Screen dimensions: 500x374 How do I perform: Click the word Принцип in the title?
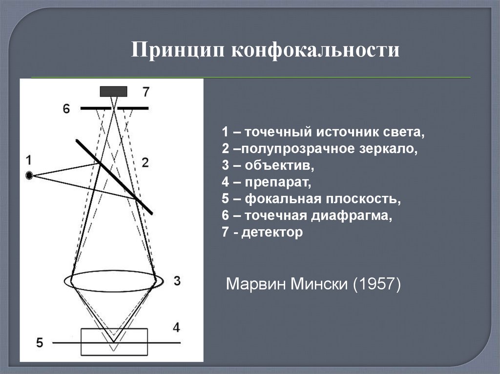pyautogui.click(x=178, y=50)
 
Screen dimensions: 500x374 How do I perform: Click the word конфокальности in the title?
pyautogui.click(x=315, y=50)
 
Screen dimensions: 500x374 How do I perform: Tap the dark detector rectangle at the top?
pyautogui.click(x=113, y=92)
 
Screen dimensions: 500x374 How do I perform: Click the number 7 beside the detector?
pyautogui.click(x=146, y=92)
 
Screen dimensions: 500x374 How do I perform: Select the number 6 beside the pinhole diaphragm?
pyautogui.click(x=66, y=109)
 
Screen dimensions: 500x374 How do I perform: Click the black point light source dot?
pyautogui.click(x=29, y=175)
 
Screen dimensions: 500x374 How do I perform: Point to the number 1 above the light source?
pyautogui.click(x=29, y=160)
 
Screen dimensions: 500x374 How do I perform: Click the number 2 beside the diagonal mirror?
pyautogui.click(x=145, y=162)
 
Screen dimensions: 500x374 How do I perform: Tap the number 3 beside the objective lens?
pyautogui.click(x=177, y=281)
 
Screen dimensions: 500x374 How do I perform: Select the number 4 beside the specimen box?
pyautogui.click(x=176, y=328)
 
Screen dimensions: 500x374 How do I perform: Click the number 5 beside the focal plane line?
pyautogui.click(x=40, y=343)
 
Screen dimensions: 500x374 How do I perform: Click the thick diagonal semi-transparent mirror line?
pyautogui.click(x=114, y=177)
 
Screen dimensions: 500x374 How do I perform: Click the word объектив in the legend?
pyautogui.click(x=279, y=165)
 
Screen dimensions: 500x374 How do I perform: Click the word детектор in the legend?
pyautogui.click(x=272, y=232)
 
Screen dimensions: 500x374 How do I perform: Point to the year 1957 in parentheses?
pyautogui.click(x=376, y=283)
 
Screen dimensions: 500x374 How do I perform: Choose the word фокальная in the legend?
pyautogui.click(x=283, y=198)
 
